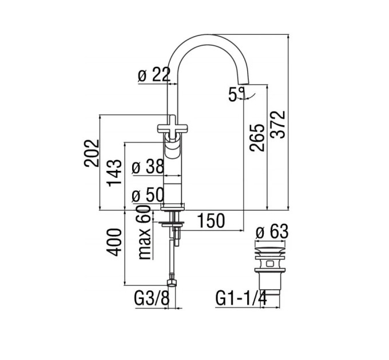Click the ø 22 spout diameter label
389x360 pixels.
coord(154,74)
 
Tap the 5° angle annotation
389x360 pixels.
coord(236,94)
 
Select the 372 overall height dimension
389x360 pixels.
coord(278,125)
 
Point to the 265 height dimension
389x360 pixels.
coord(257,138)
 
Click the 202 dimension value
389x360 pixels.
coord(92,153)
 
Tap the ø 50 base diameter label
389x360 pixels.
coord(148,195)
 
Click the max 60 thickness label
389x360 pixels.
coord(145,233)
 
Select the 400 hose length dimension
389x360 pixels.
coord(114,242)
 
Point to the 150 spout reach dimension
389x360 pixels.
coord(211,221)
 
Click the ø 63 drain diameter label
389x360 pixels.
coord(272,231)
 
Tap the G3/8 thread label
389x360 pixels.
coord(152,298)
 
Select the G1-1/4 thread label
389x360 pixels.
coord(241,298)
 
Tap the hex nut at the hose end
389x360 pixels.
coord(172,283)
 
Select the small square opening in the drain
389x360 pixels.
coord(270,263)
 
